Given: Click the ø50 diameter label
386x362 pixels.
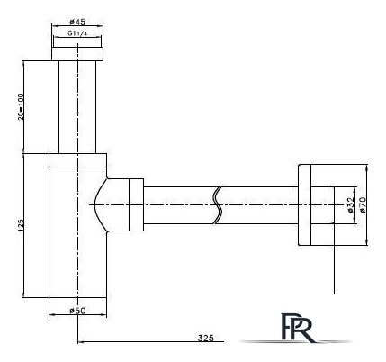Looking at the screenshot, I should point(76,312).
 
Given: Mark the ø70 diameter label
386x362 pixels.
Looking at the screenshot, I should point(364,204).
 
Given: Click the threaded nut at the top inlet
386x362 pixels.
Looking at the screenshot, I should point(77,46).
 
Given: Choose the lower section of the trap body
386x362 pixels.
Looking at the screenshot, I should point(77,270).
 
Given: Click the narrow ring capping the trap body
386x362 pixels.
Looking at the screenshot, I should point(77,163).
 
